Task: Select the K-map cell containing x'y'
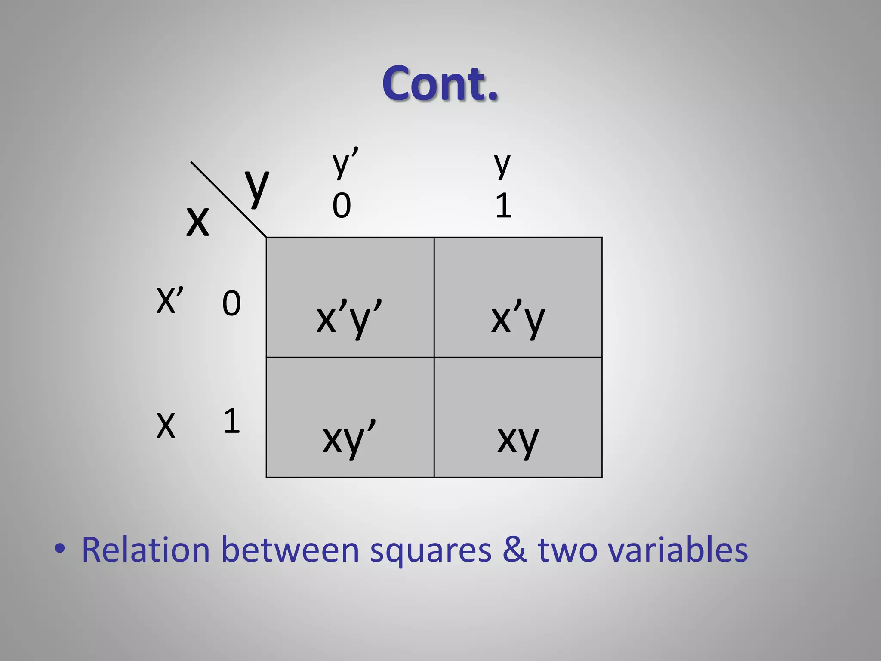350,297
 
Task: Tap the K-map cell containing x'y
518,297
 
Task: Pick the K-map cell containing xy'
350,417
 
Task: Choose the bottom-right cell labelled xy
518,417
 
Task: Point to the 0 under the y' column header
342,206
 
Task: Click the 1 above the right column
503,206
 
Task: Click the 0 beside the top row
231,303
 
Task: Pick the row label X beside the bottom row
166,425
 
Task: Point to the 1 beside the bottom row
231,421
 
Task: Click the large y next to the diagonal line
257,186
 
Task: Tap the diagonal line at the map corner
228,199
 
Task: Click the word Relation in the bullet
145,550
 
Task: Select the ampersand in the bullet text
514,550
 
